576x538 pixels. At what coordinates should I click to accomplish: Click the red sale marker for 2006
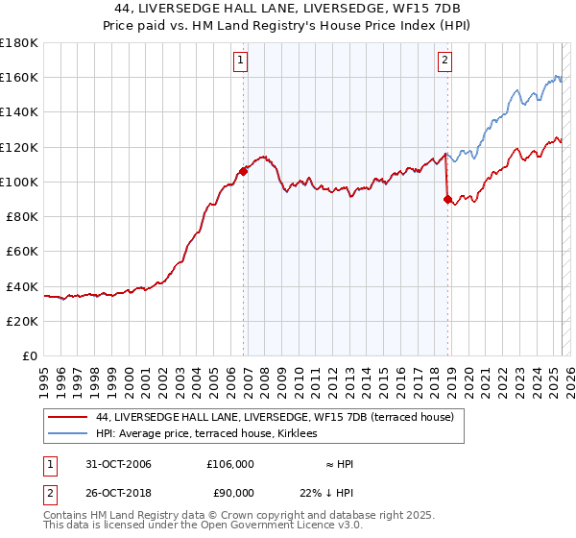point(244,171)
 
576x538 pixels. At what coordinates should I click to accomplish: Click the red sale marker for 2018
point(447,199)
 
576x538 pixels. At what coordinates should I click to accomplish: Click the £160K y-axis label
point(19,78)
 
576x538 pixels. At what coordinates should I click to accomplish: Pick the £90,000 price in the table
point(230,492)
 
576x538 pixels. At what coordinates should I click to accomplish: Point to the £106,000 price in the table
point(230,464)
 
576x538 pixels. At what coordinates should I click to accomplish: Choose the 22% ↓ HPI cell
point(326,492)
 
